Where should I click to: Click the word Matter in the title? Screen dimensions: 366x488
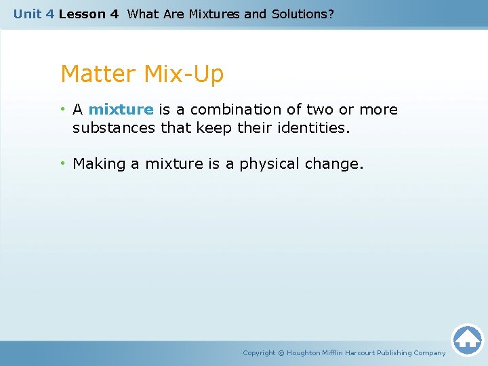pos(99,74)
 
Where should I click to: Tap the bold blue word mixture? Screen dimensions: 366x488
pos(121,110)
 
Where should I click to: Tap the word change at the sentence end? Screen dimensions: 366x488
pos(338,164)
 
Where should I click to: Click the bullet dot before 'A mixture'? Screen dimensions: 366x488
pos(62,110)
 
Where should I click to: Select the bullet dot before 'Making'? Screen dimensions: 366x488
pos(62,164)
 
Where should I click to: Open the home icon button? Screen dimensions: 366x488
pos(467,340)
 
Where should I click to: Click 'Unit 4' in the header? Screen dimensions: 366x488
pos(34,14)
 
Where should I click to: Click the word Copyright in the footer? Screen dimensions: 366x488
pos(259,352)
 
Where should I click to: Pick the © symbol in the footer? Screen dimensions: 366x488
pos(281,352)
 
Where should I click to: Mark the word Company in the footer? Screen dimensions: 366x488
pos(430,352)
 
